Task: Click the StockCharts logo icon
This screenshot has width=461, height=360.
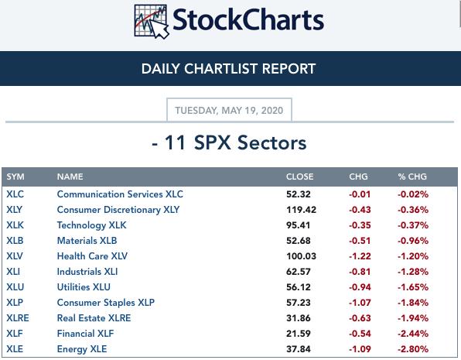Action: point(152,22)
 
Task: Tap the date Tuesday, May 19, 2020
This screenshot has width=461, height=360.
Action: point(229,111)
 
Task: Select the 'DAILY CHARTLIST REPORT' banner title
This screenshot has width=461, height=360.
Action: point(228,69)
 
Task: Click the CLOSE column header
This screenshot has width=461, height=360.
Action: point(299,177)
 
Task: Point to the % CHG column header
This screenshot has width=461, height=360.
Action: point(412,177)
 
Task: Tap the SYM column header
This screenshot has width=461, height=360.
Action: point(15,177)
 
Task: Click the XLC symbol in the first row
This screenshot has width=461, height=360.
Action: point(15,194)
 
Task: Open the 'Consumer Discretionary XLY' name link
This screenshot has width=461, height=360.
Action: point(118,210)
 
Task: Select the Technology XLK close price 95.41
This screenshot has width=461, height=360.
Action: point(298,225)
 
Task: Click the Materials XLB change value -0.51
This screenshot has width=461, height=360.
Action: point(360,241)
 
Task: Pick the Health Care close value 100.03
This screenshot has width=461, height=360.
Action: point(301,256)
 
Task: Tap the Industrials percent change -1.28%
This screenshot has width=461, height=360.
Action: point(413,272)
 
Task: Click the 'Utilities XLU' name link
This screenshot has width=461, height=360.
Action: point(84,287)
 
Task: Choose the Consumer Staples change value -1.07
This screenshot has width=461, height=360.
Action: point(360,303)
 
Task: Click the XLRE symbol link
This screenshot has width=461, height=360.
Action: point(18,318)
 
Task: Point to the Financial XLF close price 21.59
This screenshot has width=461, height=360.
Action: point(298,334)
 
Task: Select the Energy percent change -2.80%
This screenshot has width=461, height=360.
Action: point(413,349)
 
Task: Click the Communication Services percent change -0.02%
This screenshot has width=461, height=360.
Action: point(413,194)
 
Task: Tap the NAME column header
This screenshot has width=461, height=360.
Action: point(70,177)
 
